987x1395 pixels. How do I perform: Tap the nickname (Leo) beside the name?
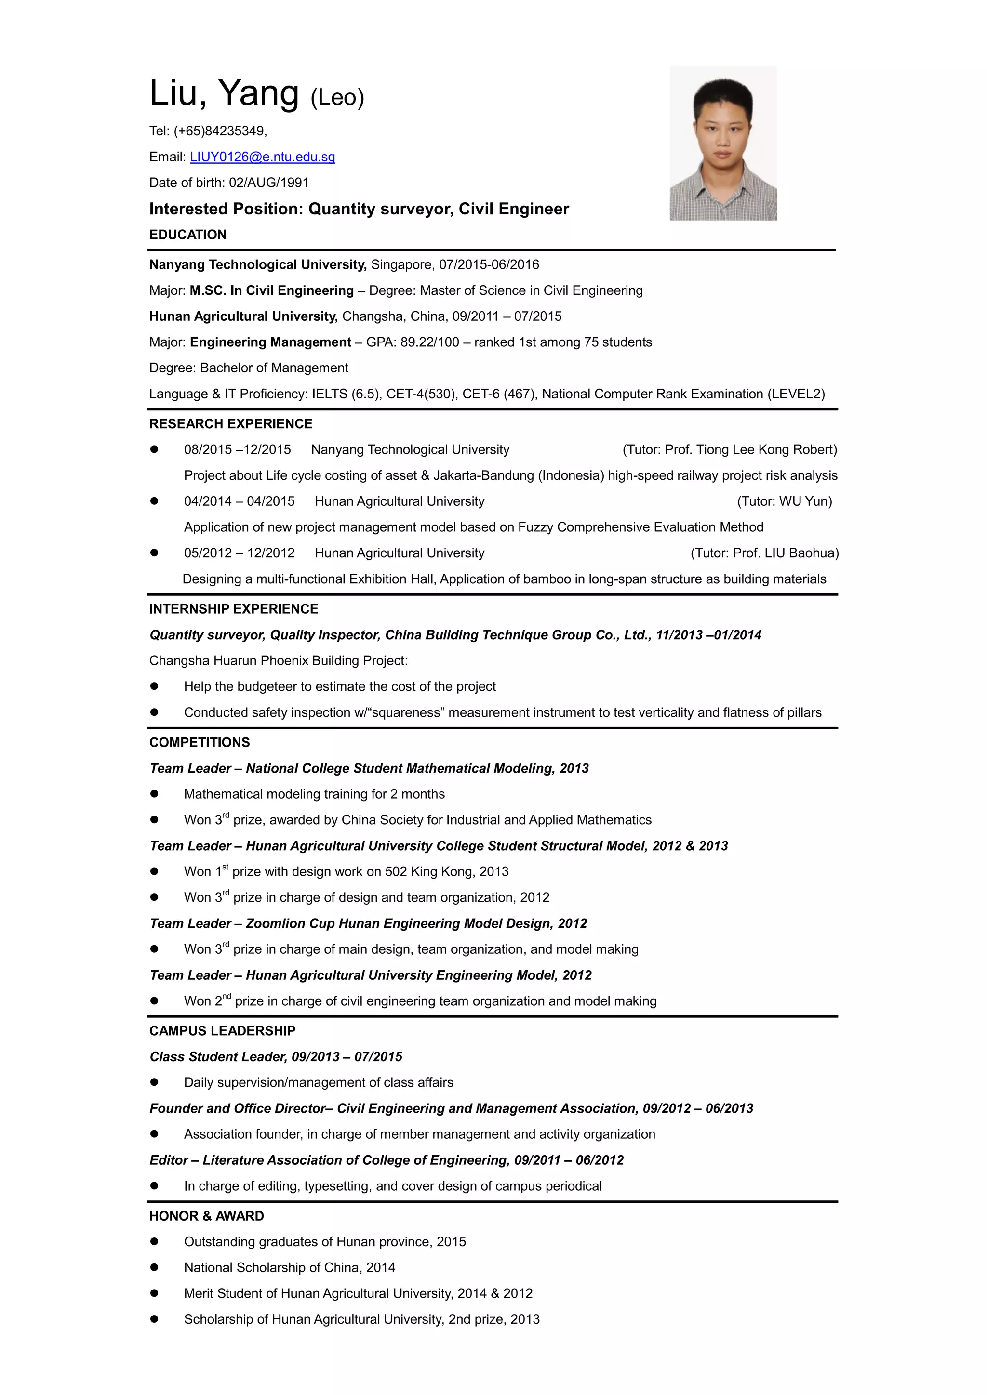pyautogui.click(x=337, y=97)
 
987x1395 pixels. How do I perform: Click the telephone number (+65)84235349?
pyautogui.click(x=220, y=131)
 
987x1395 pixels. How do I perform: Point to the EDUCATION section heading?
pyautogui.click(x=188, y=235)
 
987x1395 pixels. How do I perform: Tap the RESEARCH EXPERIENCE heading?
pyautogui.click(x=231, y=423)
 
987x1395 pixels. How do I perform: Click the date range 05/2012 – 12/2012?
pyautogui.click(x=240, y=553)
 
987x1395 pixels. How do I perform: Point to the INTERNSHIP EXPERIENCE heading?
pyautogui.click(x=234, y=609)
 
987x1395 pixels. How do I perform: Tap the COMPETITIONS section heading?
pyautogui.click(x=200, y=742)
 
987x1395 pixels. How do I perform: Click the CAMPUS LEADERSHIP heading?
pyautogui.click(x=223, y=1030)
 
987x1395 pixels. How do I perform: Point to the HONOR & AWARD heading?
pyautogui.click(x=207, y=1216)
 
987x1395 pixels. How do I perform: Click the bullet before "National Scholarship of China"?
pyautogui.click(x=154, y=1267)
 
